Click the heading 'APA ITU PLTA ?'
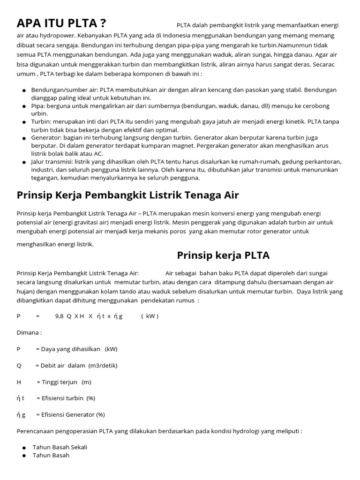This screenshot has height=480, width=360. [61, 23]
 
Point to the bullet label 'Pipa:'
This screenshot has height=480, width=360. [39, 106]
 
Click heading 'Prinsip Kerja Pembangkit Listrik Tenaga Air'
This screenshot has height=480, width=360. [128, 195]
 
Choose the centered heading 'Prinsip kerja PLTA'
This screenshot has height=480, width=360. [223, 255]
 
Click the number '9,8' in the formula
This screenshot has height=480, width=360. [59, 316]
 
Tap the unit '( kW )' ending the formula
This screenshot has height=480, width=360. [150, 316]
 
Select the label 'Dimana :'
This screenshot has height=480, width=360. [29, 332]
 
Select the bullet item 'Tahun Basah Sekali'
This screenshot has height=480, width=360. [60, 447]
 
